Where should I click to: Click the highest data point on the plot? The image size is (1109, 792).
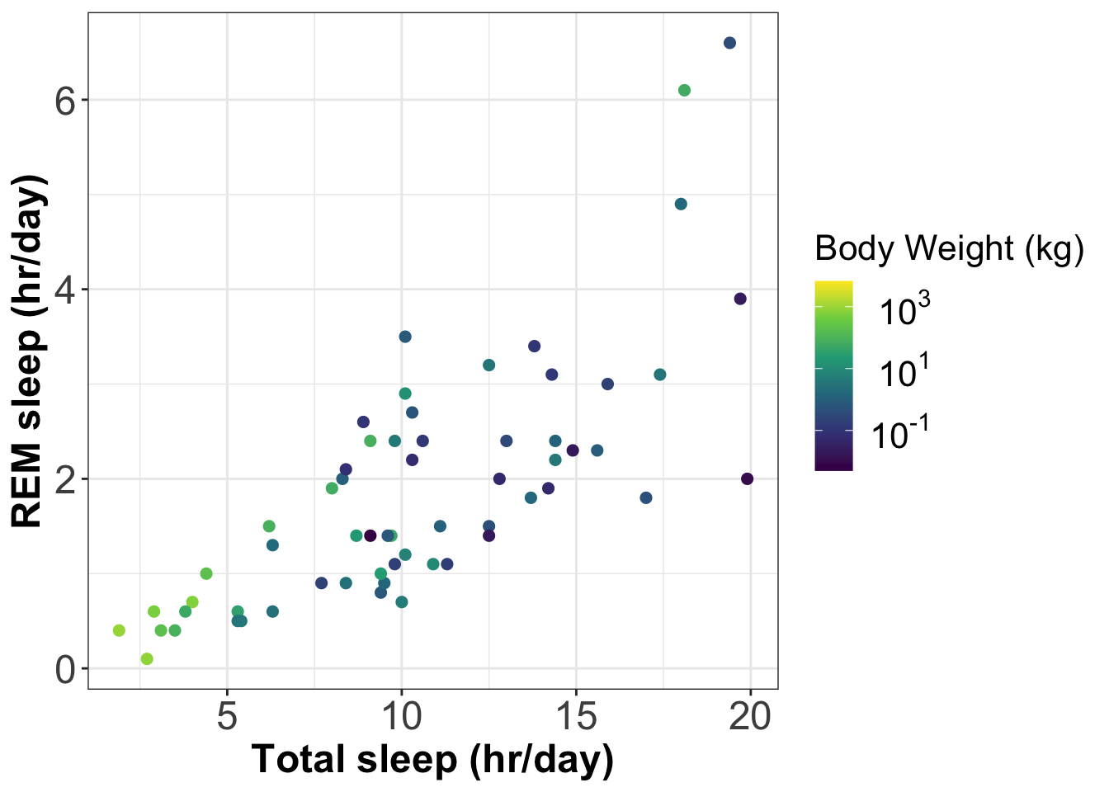[x=729, y=43]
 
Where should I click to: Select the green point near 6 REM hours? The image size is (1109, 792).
[x=684, y=91]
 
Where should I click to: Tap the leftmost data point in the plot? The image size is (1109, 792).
[x=119, y=630]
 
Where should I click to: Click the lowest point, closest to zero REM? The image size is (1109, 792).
[x=147, y=658]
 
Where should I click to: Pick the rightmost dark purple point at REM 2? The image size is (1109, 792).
[x=748, y=478]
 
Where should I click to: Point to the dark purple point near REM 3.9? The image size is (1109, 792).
[x=740, y=299]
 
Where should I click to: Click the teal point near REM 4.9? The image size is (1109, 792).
[x=681, y=204]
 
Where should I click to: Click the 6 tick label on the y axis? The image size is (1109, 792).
[x=66, y=101]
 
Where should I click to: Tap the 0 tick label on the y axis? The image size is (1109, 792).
[x=66, y=669]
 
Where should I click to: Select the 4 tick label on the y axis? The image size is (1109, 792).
[x=66, y=290]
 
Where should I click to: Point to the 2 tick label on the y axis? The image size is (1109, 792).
[x=66, y=479]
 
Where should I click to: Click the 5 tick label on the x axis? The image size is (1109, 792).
[x=227, y=716]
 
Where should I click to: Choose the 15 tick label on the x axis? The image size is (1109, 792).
[x=576, y=716]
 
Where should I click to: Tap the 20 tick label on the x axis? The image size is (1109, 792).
[x=750, y=716]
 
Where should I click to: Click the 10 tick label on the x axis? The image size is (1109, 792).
[x=402, y=716]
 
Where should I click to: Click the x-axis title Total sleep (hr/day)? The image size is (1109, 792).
[x=432, y=760]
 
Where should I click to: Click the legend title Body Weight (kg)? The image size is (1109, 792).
[x=949, y=248]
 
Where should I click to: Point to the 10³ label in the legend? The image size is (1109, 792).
[x=904, y=311]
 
